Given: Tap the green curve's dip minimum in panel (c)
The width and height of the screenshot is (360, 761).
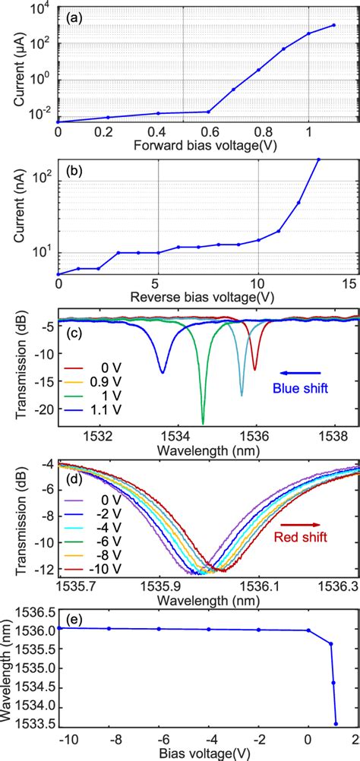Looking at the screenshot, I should click(203, 422).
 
